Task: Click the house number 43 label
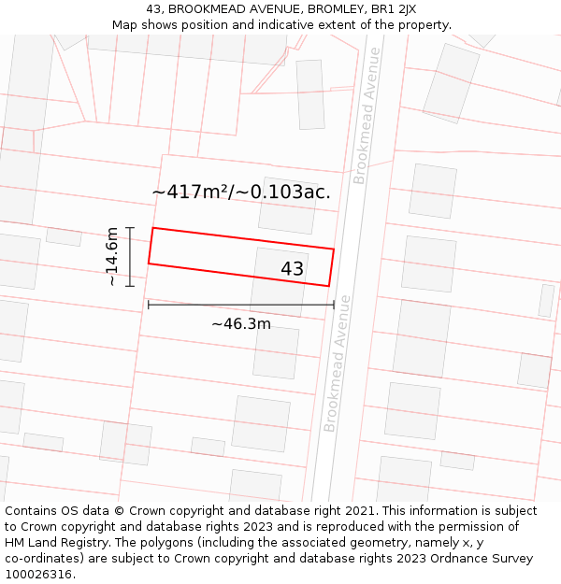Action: click(x=292, y=269)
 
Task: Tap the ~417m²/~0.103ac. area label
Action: click(x=241, y=192)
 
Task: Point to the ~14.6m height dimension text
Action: click(x=112, y=256)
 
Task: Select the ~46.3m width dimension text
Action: click(x=240, y=324)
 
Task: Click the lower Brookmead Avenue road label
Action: click(x=337, y=363)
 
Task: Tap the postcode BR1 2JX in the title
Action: click(x=393, y=9)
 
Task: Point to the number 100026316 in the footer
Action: click(x=39, y=575)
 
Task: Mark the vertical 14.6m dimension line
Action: click(x=130, y=256)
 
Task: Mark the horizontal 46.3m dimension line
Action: click(x=240, y=305)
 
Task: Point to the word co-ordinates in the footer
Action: click(x=42, y=559)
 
